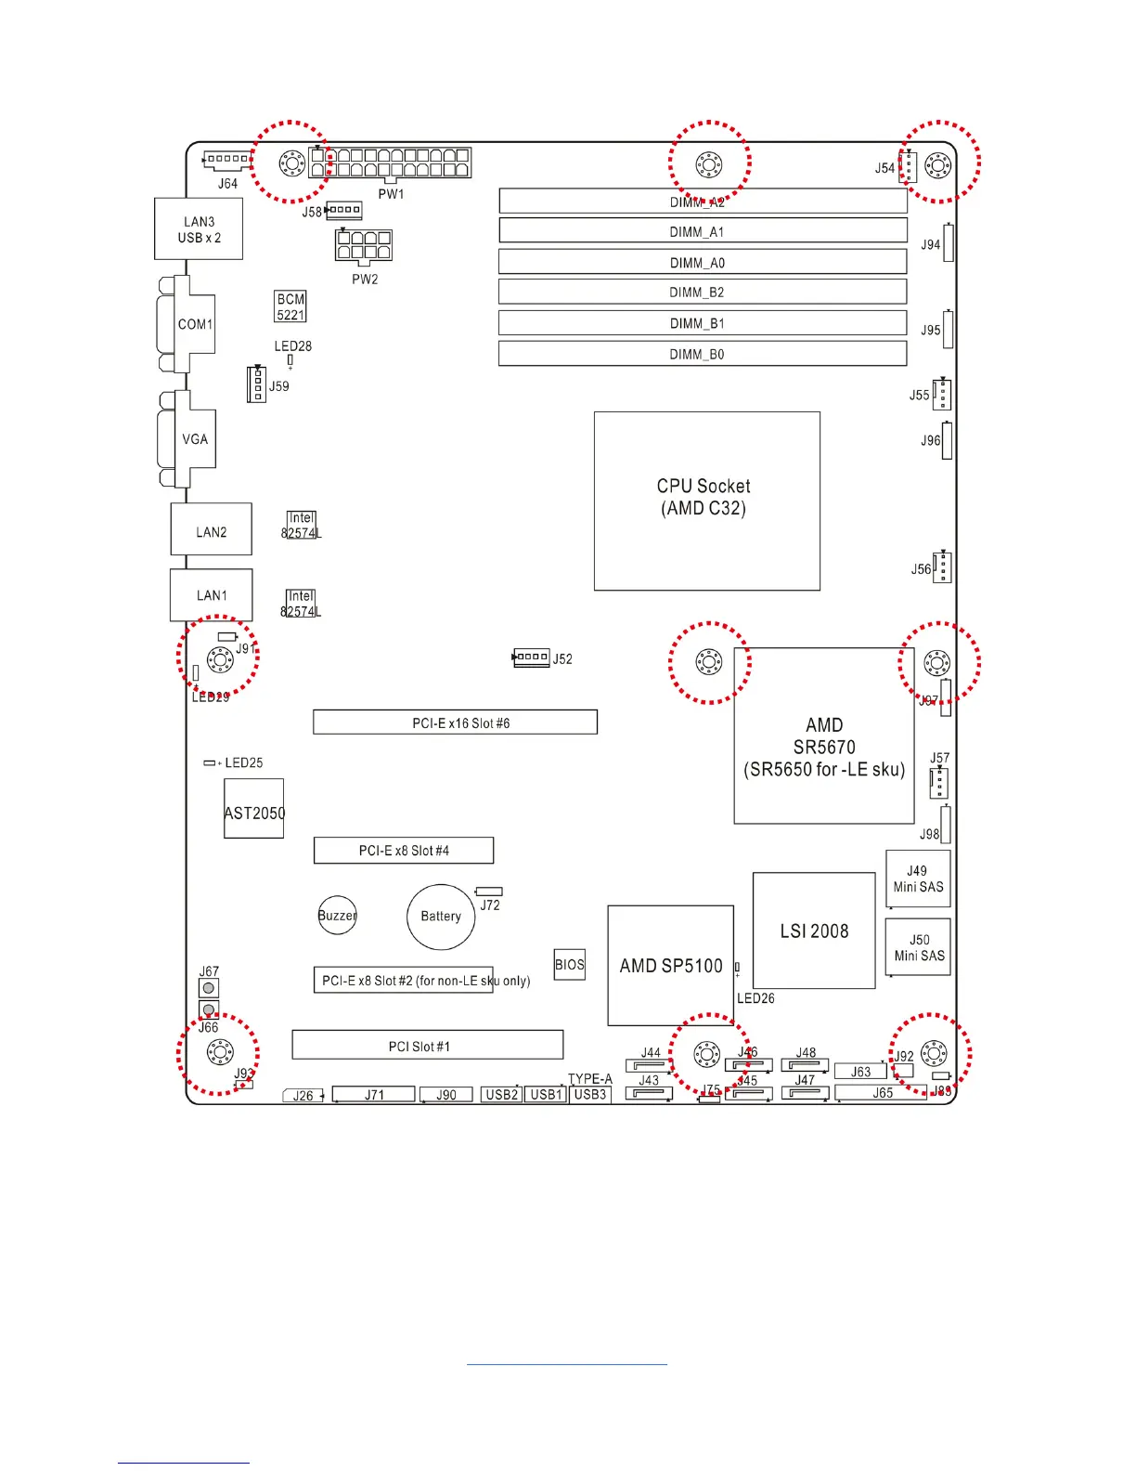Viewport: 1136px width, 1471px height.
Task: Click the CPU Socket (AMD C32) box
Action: pyautogui.click(x=706, y=501)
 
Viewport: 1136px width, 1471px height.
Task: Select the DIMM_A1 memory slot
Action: pyautogui.click(x=703, y=230)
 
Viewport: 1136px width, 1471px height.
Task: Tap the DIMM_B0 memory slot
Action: pyautogui.click(x=703, y=354)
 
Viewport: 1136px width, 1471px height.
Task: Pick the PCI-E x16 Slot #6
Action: pyautogui.click(x=455, y=722)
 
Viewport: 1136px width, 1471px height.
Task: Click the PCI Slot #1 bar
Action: pyautogui.click(x=427, y=1045)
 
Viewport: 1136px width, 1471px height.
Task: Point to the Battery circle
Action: pyautogui.click(x=441, y=917)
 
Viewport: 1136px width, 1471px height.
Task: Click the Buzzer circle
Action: pyautogui.click(x=337, y=916)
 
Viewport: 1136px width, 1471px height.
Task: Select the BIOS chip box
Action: pyautogui.click(x=570, y=965)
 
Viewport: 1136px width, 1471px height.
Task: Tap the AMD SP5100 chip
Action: pyautogui.click(x=670, y=966)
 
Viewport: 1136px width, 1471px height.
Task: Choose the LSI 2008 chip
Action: pyautogui.click(x=814, y=931)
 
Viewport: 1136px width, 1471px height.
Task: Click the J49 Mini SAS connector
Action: pyautogui.click(x=918, y=879)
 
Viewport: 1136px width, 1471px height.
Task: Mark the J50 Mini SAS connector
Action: pyautogui.click(x=918, y=947)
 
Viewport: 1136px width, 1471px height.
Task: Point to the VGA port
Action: pyautogui.click(x=193, y=439)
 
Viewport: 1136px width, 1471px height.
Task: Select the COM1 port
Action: pyautogui.click(x=193, y=324)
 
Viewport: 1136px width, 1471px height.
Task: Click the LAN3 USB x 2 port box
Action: pyautogui.click(x=199, y=229)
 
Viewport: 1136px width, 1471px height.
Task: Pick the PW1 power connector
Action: pyautogui.click(x=390, y=163)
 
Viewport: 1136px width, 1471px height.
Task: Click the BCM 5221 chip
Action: pyautogui.click(x=290, y=306)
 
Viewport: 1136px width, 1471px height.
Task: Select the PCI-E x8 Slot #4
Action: pyautogui.click(x=403, y=851)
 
